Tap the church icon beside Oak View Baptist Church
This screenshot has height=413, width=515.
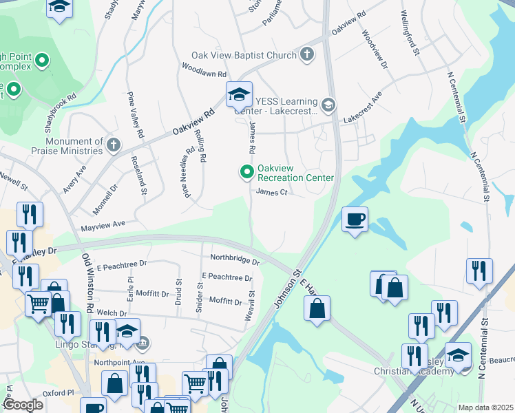[306, 54]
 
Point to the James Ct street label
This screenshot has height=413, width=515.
[271, 193]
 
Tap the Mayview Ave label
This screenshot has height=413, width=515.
[103, 224]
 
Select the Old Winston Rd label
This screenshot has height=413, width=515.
[88, 282]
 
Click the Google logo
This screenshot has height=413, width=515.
[23, 405]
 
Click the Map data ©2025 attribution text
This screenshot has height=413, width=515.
[485, 407]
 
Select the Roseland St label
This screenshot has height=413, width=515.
[139, 178]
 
